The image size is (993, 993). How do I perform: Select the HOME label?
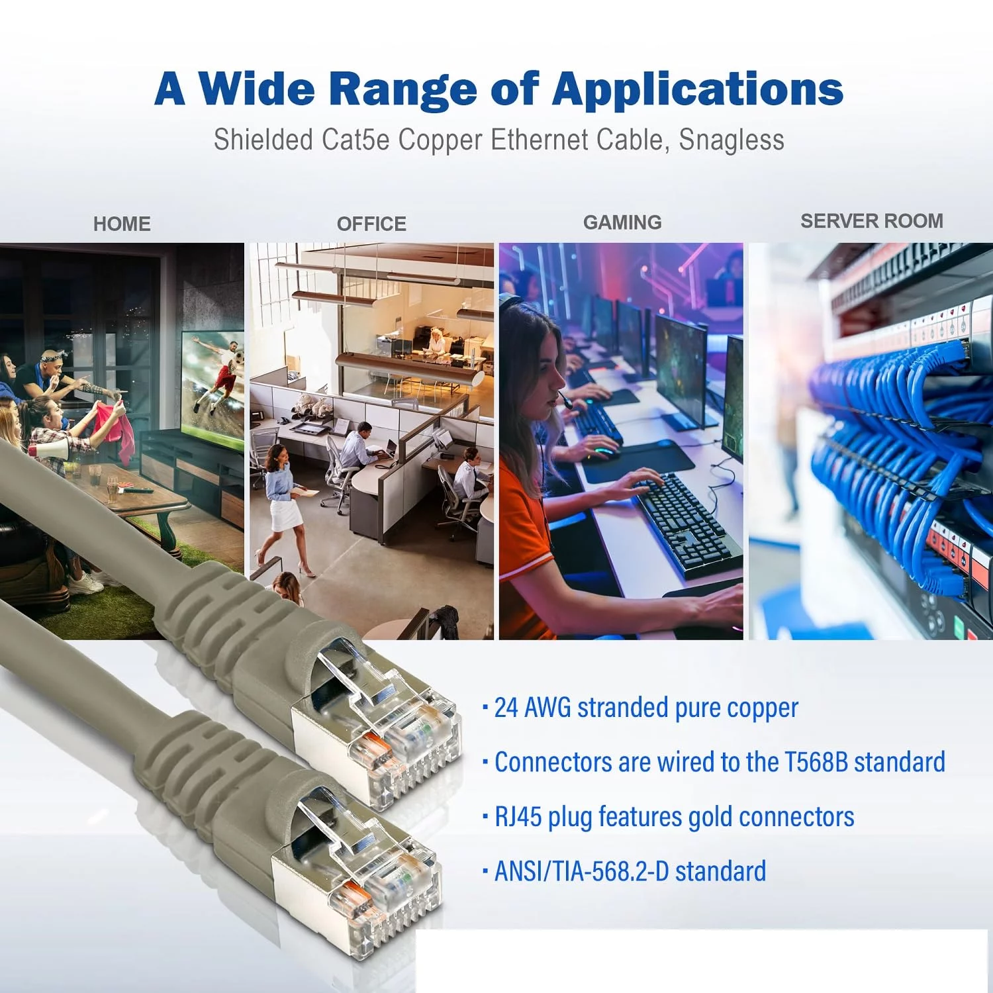click(x=122, y=224)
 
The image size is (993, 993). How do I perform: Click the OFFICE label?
click(x=371, y=224)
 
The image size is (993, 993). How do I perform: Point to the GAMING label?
click(x=622, y=222)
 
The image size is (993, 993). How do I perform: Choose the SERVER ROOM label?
click(x=872, y=221)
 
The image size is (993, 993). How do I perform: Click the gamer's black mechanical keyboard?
click(x=685, y=523)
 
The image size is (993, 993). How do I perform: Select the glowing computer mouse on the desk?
click(x=604, y=453)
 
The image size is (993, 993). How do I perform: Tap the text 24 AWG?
click(x=533, y=708)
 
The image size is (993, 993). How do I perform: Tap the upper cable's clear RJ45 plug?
click(x=384, y=722)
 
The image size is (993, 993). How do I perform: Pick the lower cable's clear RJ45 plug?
click(x=364, y=867)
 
